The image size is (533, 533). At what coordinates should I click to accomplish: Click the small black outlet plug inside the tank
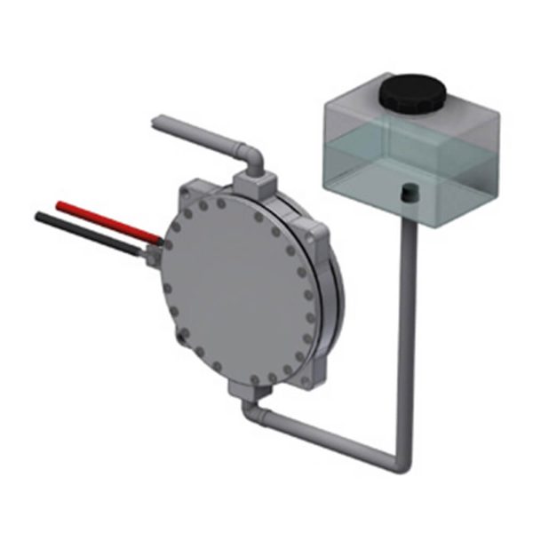[x=410, y=191]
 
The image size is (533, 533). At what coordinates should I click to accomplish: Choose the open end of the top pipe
[x=157, y=123]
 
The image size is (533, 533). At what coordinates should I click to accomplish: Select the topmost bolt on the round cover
[x=220, y=203]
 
